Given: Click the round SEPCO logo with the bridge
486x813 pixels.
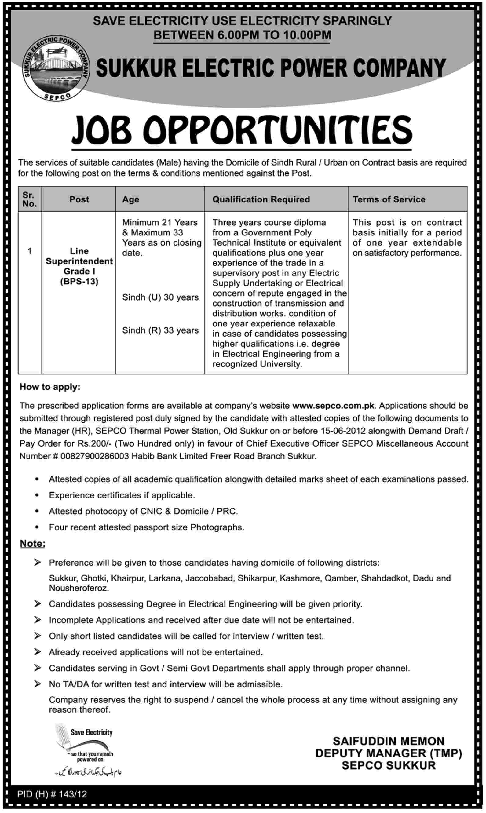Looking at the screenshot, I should point(56,68).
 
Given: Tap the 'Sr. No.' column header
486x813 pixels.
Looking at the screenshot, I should point(29,199).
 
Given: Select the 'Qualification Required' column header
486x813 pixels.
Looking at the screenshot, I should point(261,199).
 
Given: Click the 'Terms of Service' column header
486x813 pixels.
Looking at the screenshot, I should point(389,199).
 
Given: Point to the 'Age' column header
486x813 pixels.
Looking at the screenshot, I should point(131,199).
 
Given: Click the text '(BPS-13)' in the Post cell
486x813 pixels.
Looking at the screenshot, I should point(79,282).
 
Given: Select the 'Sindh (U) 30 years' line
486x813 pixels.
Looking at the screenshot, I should point(160,297).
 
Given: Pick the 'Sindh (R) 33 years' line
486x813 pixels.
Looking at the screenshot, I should point(160,330).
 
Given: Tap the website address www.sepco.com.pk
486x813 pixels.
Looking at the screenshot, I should point(333,406).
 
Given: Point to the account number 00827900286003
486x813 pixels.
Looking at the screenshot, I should point(95,456).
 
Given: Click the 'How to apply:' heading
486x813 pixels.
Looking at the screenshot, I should point(50,387).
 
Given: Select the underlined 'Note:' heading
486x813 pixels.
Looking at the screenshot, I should point(32,544).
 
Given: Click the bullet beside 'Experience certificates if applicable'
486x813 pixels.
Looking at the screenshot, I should point(37,495).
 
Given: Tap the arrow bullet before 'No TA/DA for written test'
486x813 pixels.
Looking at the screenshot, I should point(37,684).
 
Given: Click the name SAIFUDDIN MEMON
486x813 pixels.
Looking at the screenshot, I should point(389,741).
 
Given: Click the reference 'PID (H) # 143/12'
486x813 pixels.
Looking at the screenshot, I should point(52,794).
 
